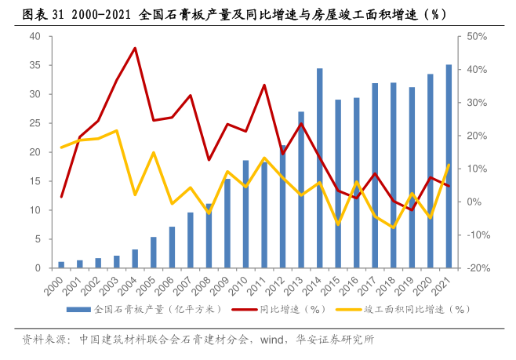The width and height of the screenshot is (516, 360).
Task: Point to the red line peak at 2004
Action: pyautogui.click(x=135, y=48)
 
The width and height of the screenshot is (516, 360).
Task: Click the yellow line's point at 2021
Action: pyautogui.click(x=449, y=165)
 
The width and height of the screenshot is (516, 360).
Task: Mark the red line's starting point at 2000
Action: pyautogui.click(x=61, y=197)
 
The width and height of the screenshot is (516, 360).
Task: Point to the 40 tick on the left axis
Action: pyautogui.click(x=35, y=36)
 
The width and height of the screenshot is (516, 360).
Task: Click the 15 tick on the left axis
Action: pyautogui.click(x=35, y=181)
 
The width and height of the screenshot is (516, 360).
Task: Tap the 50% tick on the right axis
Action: pyautogui.click(x=477, y=36)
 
